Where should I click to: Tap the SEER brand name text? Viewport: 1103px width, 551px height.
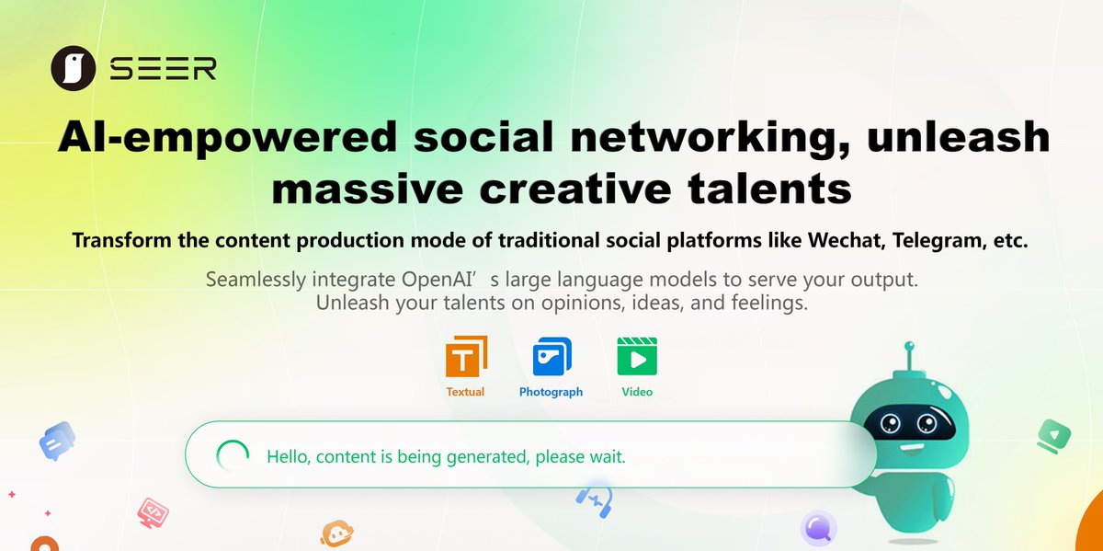tap(163, 70)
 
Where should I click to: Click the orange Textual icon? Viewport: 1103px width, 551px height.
tap(466, 357)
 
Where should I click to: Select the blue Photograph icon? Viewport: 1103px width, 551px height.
tap(551, 357)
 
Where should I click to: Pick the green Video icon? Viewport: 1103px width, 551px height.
tap(637, 357)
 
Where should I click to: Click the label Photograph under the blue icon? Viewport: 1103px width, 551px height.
tap(551, 392)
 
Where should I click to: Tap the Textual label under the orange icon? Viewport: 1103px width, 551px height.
tap(465, 392)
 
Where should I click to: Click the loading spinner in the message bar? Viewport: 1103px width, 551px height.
tap(232, 455)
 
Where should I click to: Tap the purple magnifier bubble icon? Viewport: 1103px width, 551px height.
tap(818, 528)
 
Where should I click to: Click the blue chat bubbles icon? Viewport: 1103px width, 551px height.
tap(57, 441)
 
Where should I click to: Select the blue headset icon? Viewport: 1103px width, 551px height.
tap(595, 499)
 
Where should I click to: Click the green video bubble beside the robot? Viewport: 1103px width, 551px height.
tap(1052, 434)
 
